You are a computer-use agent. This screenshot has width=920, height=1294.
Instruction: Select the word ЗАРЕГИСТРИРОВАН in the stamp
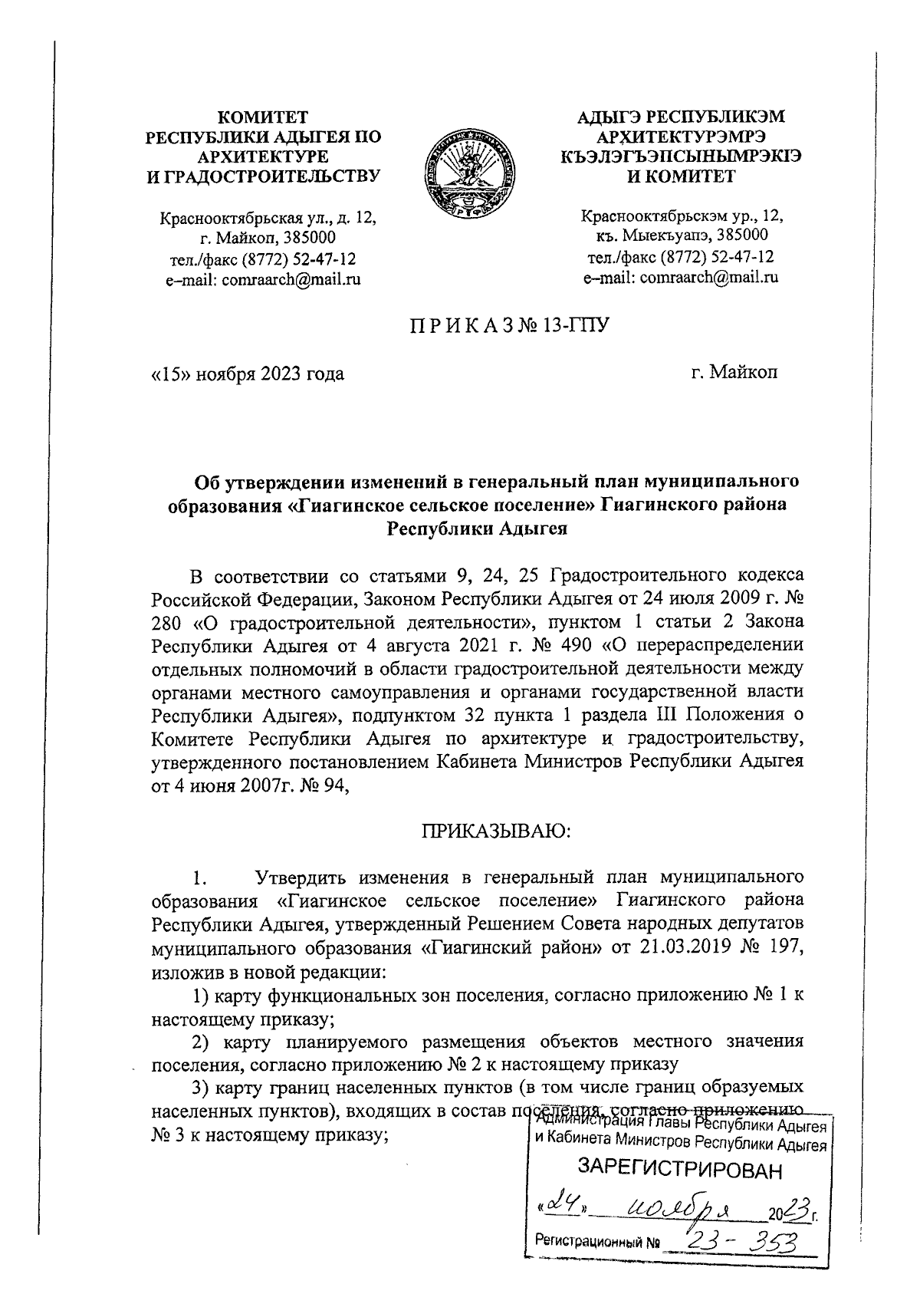(x=682, y=1170)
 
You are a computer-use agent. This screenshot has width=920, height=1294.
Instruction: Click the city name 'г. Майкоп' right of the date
(x=734, y=374)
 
